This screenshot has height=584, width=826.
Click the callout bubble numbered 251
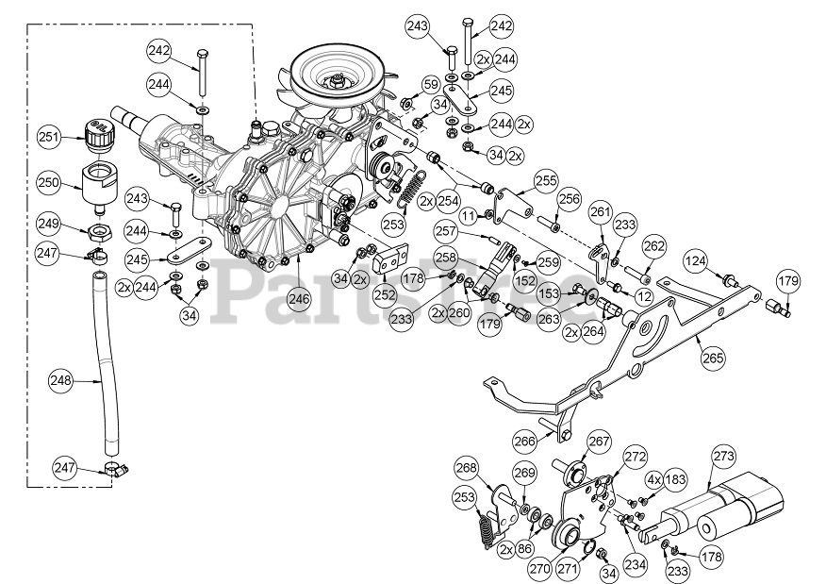[50, 136]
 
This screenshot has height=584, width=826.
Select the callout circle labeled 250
[50, 181]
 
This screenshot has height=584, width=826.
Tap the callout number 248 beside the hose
[62, 381]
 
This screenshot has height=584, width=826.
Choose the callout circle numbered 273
[723, 457]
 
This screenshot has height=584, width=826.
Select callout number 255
[546, 178]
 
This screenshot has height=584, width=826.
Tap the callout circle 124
[695, 259]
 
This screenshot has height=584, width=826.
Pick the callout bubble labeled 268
[467, 468]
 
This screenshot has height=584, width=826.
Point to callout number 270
[538, 570]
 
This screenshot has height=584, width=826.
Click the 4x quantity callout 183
[670, 480]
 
